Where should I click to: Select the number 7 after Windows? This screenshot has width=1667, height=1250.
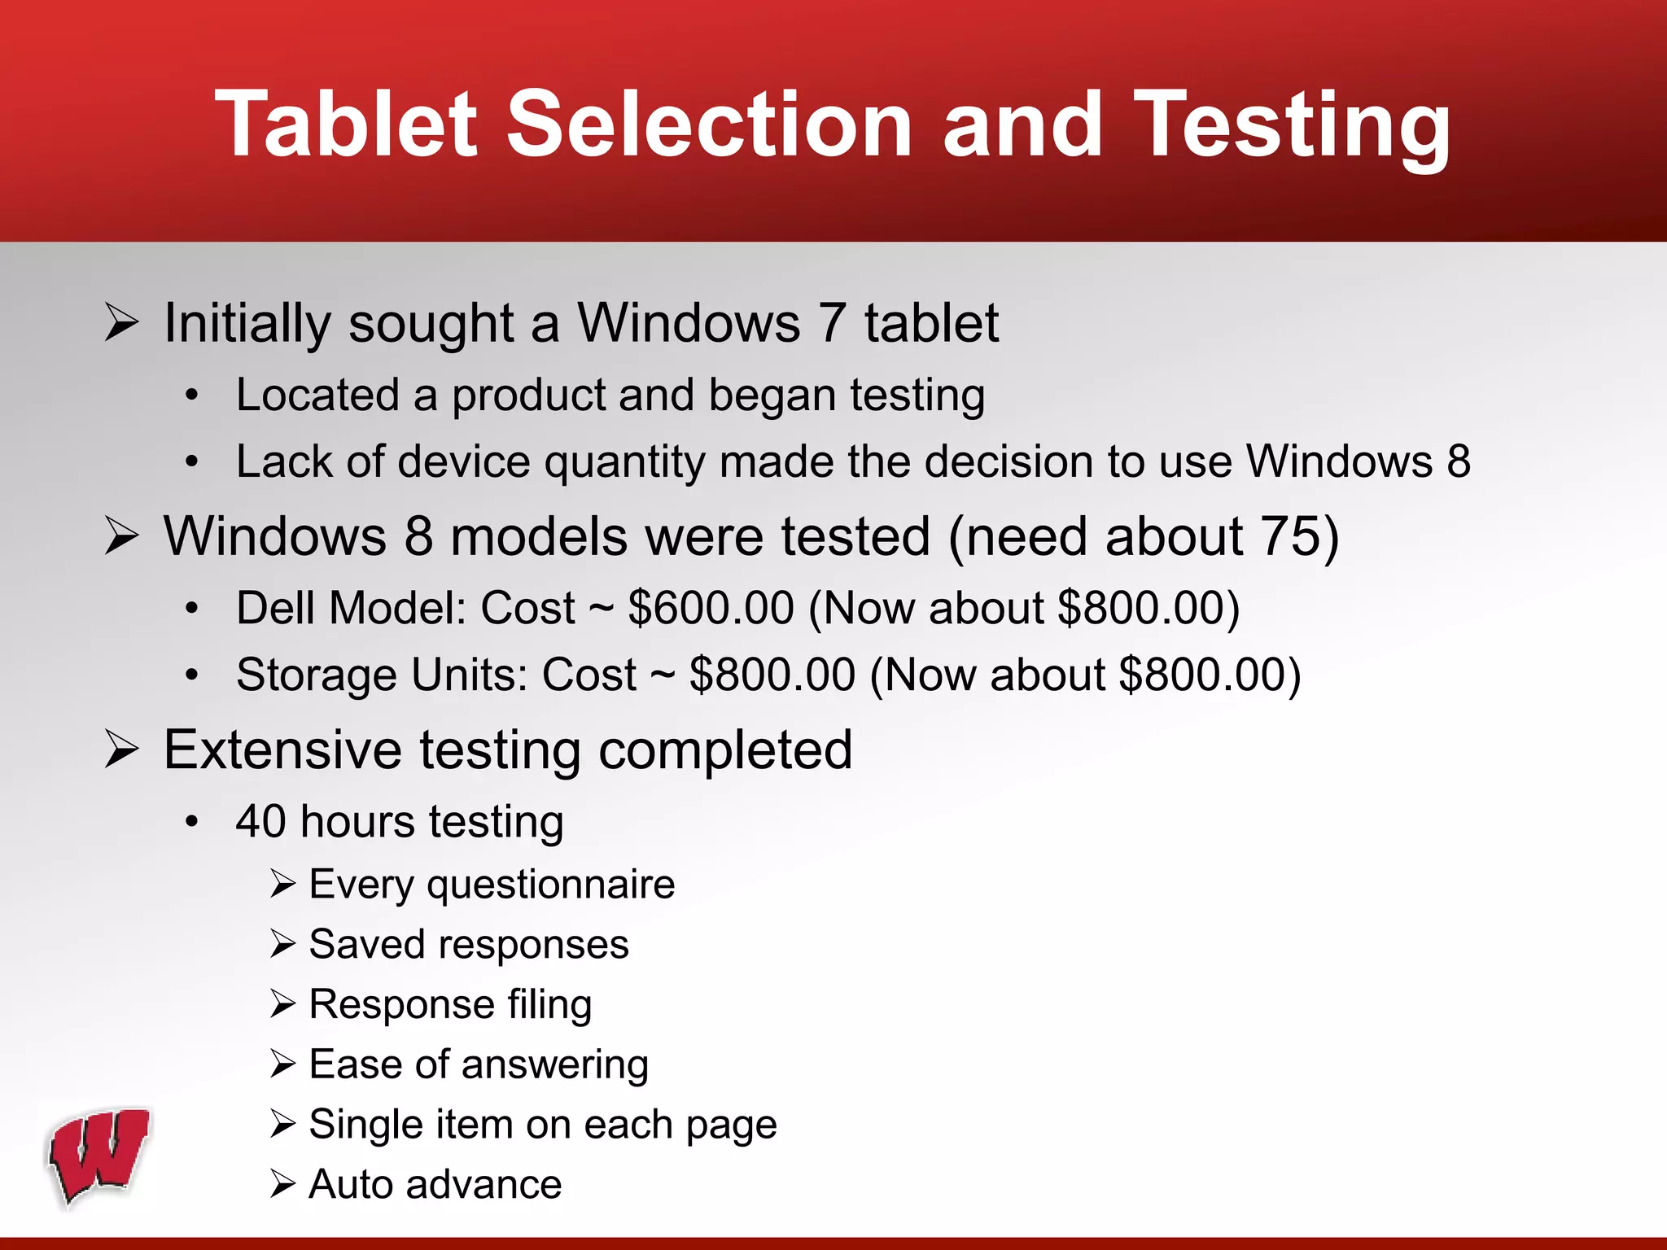(x=831, y=323)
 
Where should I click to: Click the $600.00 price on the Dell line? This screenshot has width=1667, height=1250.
(x=711, y=608)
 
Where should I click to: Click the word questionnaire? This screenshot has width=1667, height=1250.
(x=550, y=885)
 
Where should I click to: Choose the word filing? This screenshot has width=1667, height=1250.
(x=549, y=1005)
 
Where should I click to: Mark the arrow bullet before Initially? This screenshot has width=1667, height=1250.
(x=122, y=323)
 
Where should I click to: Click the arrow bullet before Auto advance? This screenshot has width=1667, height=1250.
(x=282, y=1185)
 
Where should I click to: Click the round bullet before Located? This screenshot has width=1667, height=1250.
(x=191, y=396)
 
